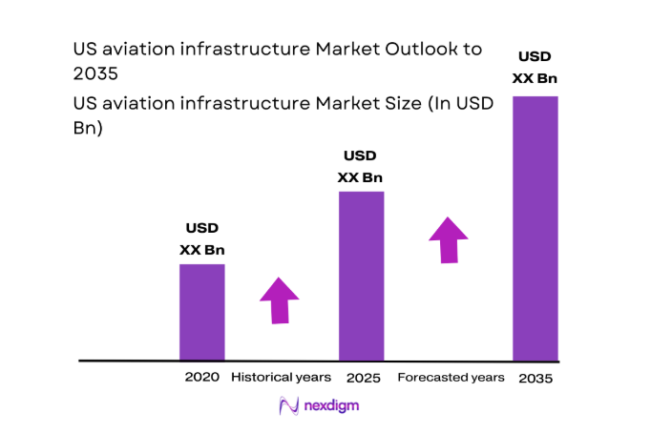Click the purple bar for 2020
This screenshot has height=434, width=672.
pos(202,312)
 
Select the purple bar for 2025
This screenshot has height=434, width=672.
pos(362,276)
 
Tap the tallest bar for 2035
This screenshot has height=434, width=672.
pos(535,228)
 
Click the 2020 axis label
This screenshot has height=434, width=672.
pos(202,378)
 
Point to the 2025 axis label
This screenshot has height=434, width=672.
pos(363,378)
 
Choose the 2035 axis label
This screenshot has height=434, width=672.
pos(535,378)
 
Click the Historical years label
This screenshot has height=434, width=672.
pos(281,378)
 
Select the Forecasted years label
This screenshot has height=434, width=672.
pos(451,378)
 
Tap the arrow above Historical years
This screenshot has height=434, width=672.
pos(280,300)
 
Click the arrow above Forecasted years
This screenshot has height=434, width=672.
pos(448,239)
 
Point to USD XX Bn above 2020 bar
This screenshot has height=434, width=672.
pos(202,239)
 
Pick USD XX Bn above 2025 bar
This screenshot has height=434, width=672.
pos(361,166)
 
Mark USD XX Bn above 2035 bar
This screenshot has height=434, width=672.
pos(535,67)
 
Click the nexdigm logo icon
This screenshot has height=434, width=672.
pos(289,406)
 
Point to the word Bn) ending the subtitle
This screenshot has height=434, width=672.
pos(87,129)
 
